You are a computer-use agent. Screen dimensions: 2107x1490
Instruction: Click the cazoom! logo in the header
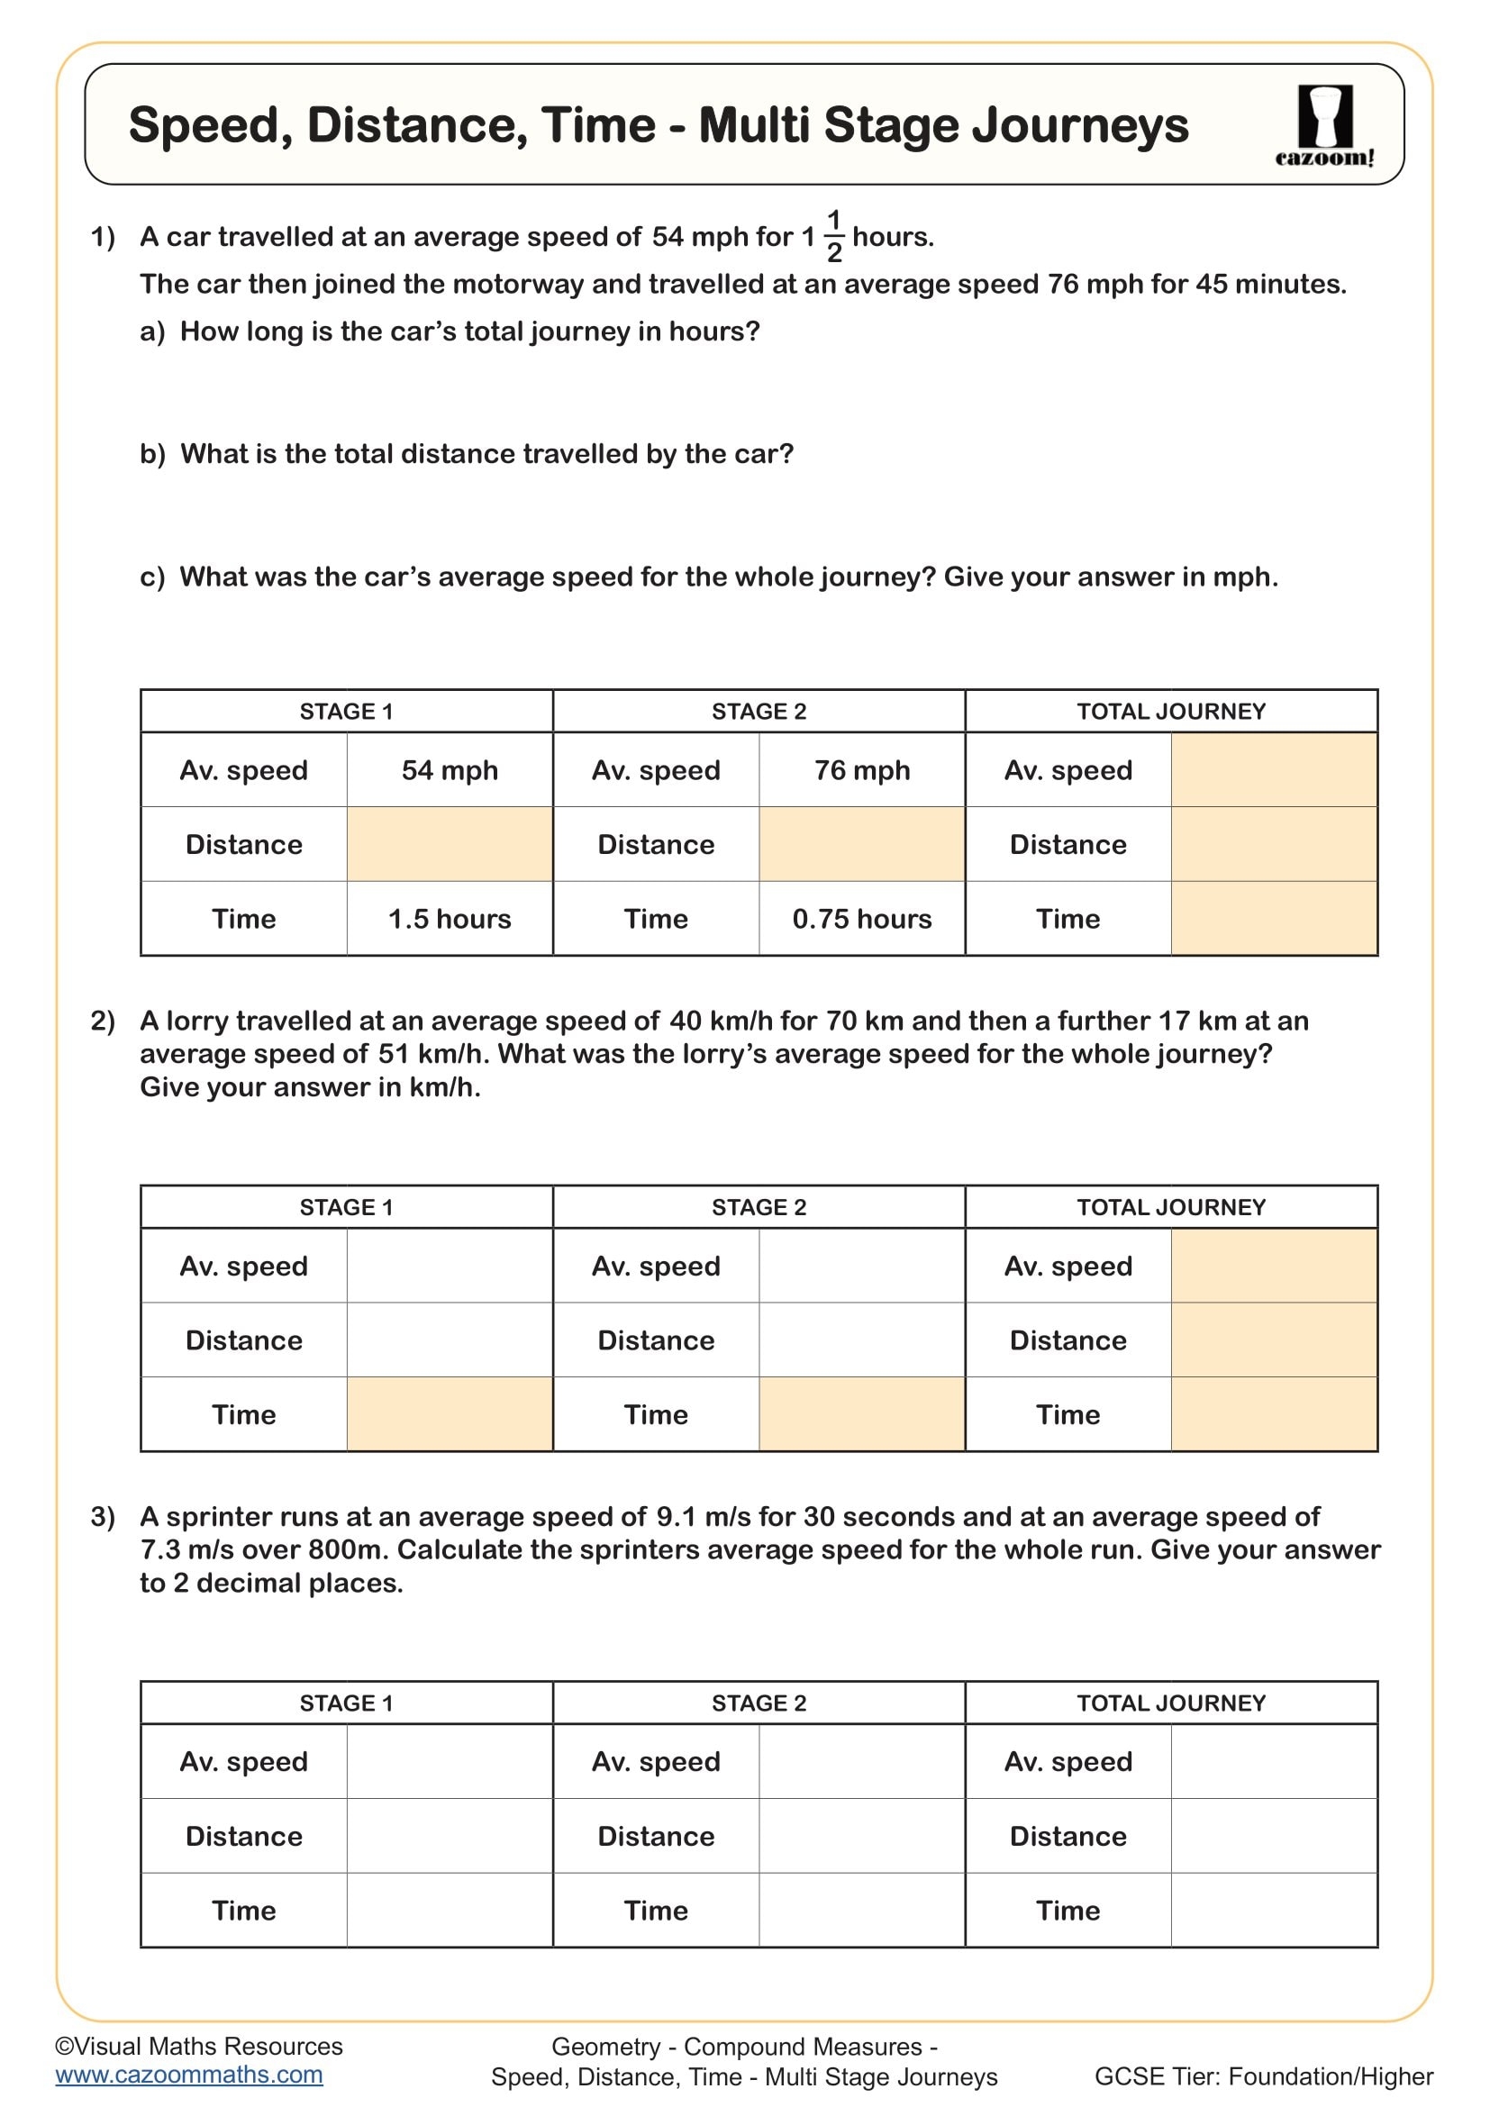click(1324, 126)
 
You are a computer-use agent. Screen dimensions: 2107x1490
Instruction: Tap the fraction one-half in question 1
click(834, 236)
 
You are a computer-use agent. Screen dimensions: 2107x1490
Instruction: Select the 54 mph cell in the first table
click(450, 770)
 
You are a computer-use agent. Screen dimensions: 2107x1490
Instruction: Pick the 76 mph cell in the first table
click(861, 770)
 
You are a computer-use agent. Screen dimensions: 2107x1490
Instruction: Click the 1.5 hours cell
click(450, 919)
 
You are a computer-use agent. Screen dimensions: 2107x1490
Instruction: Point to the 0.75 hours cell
click(861, 919)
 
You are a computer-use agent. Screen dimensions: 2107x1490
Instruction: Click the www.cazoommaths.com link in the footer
click(189, 2075)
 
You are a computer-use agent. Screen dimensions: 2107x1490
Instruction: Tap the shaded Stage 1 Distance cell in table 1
click(450, 844)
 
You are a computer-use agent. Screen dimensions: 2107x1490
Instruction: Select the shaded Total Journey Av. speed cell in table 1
click(1274, 770)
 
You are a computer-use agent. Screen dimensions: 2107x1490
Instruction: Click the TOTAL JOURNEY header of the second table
click(1171, 1207)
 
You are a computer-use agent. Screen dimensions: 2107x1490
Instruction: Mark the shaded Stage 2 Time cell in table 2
click(861, 1414)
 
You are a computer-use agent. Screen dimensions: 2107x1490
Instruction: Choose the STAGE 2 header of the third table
click(759, 1703)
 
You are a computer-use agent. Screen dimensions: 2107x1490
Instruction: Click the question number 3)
click(103, 1517)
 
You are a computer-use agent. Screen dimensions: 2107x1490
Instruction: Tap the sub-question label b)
click(152, 454)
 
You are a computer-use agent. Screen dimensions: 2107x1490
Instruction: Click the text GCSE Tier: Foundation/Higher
click(1263, 2076)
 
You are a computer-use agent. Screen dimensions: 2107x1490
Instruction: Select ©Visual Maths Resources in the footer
click(199, 2047)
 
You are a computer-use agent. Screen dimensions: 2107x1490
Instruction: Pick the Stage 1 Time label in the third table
click(243, 1911)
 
